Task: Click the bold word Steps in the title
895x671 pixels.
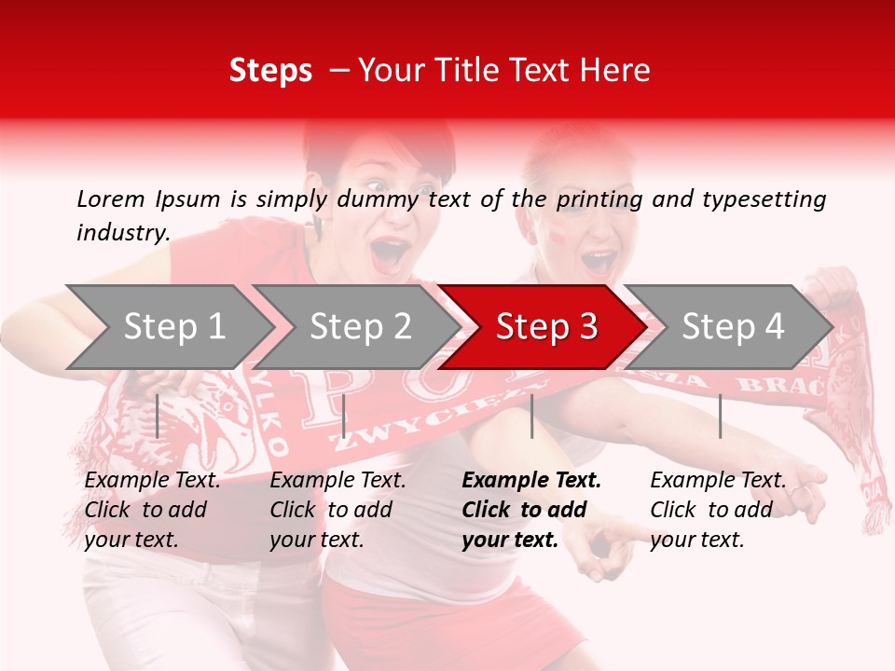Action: click(270, 71)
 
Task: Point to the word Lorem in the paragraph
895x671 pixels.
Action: click(111, 199)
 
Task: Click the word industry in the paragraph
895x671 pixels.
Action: click(122, 233)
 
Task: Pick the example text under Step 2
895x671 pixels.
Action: click(338, 510)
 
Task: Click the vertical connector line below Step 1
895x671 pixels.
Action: click(158, 416)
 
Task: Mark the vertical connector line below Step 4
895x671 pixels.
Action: click(720, 416)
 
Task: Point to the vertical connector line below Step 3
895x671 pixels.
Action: click(531, 416)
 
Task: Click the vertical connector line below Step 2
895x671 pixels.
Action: click(344, 416)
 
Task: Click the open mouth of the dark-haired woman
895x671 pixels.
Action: click(391, 253)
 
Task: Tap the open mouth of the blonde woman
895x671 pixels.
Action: click(598, 262)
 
